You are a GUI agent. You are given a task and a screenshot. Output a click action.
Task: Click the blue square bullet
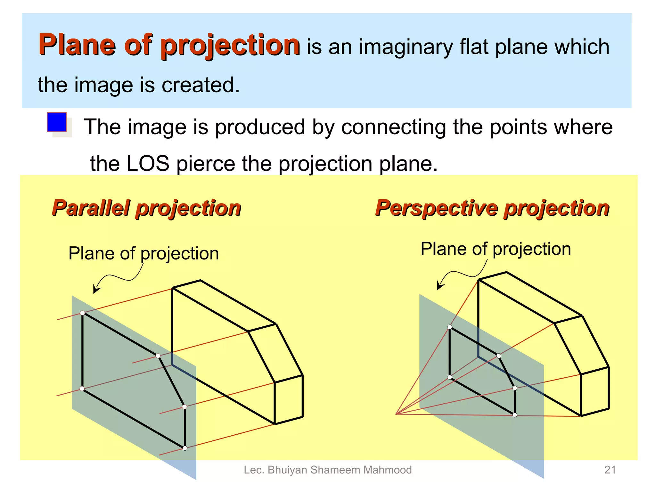click(57, 122)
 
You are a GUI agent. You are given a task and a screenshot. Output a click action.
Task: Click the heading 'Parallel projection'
click(146, 208)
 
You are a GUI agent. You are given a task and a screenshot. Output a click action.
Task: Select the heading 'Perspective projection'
click(492, 208)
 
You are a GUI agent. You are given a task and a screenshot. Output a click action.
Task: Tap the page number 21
click(610, 470)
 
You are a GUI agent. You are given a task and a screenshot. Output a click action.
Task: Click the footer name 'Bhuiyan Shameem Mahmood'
click(340, 470)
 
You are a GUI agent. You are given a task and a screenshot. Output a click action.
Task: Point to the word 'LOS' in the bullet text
click(148, 163)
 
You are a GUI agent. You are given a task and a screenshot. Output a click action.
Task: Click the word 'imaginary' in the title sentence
click(406, 47)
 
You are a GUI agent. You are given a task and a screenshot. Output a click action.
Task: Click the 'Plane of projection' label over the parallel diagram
click(143, 253)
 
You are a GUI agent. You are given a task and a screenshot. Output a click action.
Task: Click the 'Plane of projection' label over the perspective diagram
click(496, 249)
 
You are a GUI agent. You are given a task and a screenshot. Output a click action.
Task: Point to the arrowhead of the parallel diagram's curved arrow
click(95, 290)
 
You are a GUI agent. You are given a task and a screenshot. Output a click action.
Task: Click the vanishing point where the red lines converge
click(396, 414)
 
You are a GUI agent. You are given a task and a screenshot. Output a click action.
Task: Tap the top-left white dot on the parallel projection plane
click(82, 313)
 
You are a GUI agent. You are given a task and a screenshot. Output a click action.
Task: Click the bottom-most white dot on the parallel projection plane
click(185, 448)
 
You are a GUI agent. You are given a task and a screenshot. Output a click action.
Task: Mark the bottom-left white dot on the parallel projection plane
click(82, 389)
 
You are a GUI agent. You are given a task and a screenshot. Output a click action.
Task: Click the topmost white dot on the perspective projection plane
click(450, 327)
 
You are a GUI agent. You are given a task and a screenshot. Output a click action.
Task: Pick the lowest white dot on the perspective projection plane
click(515, 415)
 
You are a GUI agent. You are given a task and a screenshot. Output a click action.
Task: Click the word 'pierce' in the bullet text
click(206, 163)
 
